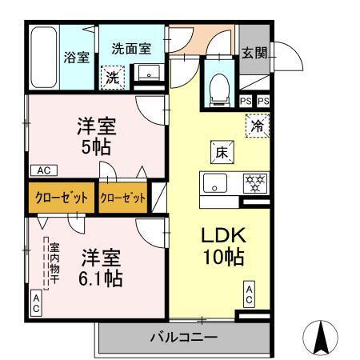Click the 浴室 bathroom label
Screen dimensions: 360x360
coord(77,58)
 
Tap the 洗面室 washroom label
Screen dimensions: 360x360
coord(131,48)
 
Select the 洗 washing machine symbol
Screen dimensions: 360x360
coord(112,78)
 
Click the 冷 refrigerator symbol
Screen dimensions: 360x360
coord(258,126)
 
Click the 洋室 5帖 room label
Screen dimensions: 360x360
coord(98,136)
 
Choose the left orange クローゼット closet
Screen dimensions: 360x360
coord(61,198)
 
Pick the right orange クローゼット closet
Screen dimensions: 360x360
coord(123,198)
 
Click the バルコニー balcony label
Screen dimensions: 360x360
coord(183,338)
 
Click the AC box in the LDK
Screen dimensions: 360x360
coord(249,294)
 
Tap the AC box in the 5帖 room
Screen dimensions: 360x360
coord(43,170)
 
